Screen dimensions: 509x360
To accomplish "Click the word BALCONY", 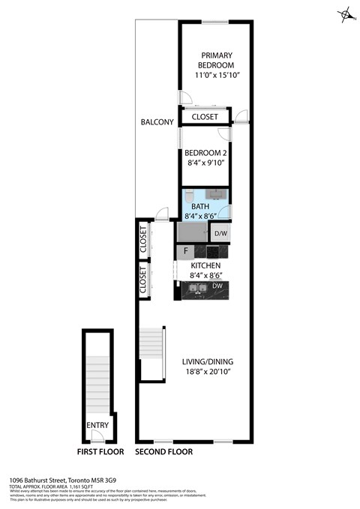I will [157, 122].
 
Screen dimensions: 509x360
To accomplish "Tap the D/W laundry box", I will [221, 234].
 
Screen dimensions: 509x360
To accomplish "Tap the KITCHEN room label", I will [205, 266].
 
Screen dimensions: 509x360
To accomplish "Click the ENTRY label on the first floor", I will [97, 425].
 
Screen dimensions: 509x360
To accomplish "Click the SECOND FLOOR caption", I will [163, 452].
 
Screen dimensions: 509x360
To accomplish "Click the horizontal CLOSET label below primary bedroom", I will [205, 118].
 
